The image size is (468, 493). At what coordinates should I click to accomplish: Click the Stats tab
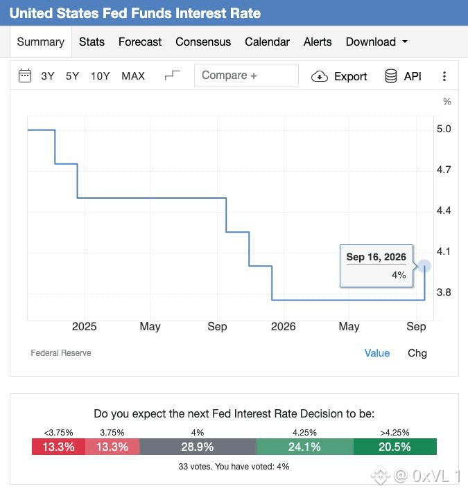tap(92, 42)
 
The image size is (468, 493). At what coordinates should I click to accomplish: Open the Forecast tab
tap(140, 42)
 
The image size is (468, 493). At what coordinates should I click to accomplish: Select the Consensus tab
tap(203, 42)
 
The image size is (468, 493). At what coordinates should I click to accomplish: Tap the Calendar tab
tap(267, 42)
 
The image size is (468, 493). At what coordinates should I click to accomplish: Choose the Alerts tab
tap(318, 42)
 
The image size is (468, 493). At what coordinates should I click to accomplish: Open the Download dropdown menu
tap(376, 42)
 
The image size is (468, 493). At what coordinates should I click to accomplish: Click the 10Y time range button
tap(101, 76)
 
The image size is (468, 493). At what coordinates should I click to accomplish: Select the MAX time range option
tap(133, 76)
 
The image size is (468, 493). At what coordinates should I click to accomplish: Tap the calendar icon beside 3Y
tap(25, 75)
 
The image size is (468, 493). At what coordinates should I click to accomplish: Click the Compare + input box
tap(246, 75)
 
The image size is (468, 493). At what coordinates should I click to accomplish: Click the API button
tap(403, 76)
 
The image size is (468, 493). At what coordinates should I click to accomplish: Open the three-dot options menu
tap(444, 76)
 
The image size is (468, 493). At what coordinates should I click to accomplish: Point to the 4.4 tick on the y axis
tap(444, 210)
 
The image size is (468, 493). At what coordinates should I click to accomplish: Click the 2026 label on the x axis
tap(284, 326)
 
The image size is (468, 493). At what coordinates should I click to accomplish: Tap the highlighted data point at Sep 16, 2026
tap(424, 267)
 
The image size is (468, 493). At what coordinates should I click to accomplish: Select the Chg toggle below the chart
tap(417, 353)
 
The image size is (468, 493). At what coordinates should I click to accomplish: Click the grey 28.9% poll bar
tap(198, 447)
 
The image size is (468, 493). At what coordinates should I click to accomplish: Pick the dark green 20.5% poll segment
tap(395, 447)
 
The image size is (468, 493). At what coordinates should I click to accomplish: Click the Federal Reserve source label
tap(61, 353)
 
